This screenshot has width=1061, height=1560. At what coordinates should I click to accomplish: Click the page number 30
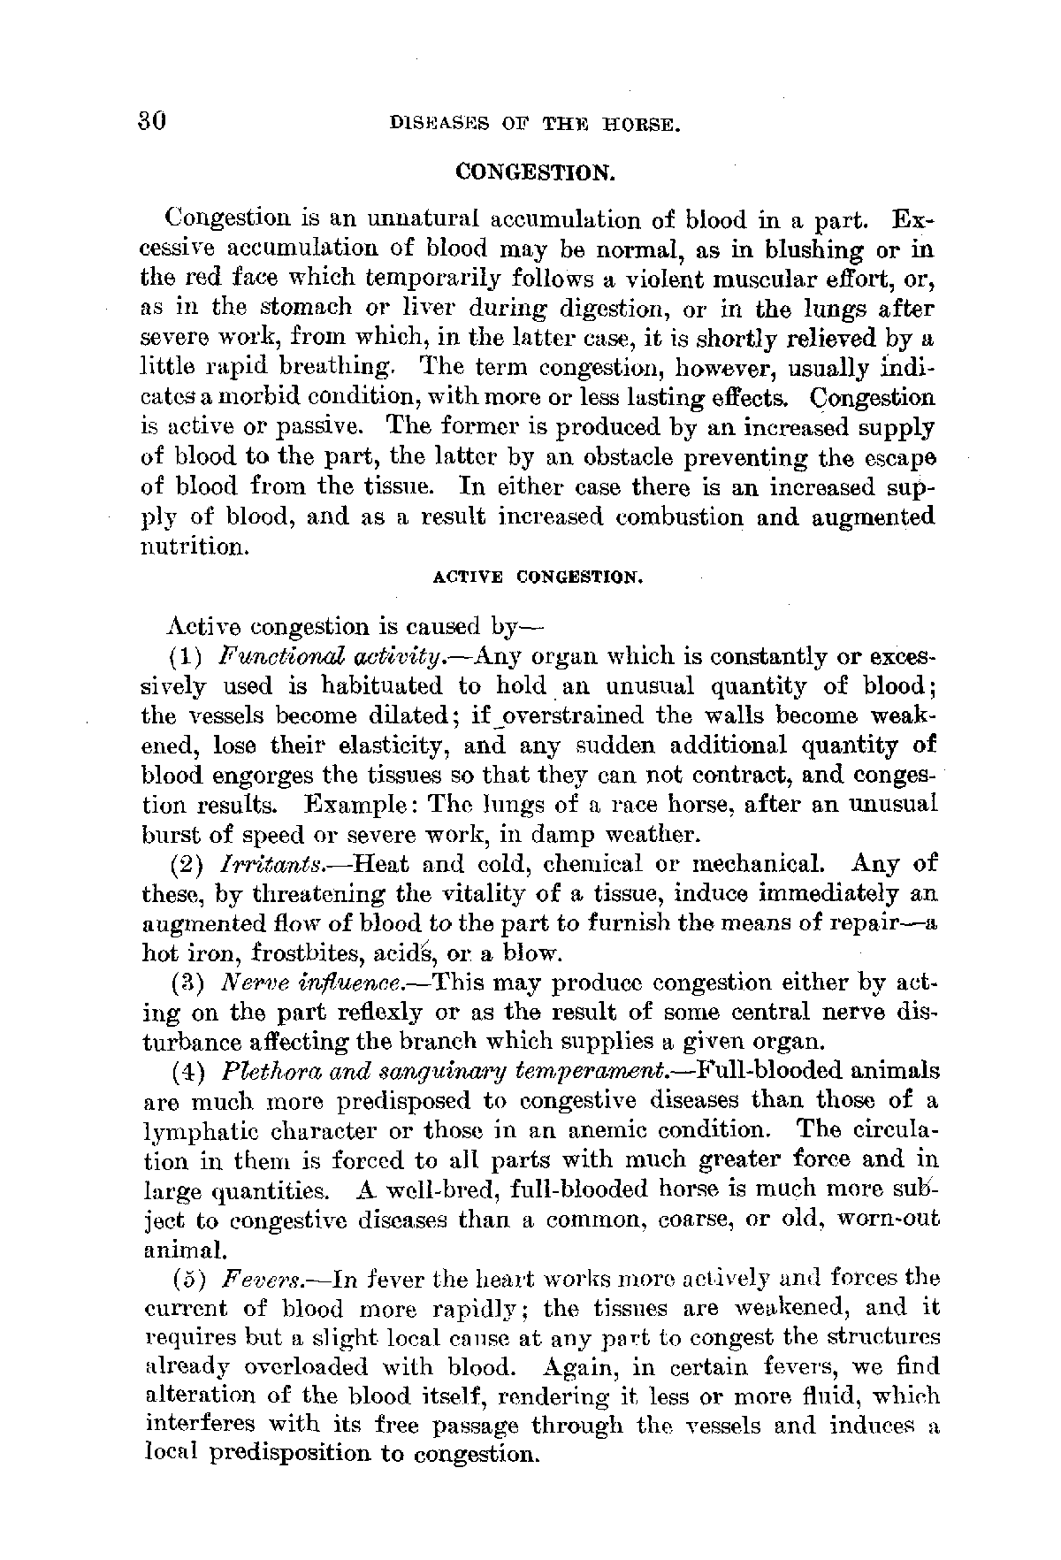pos(153,121)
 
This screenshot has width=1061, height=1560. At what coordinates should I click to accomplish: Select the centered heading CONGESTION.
pos(535,172)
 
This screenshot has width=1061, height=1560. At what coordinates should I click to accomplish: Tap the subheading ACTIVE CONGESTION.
pos(536,578)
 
